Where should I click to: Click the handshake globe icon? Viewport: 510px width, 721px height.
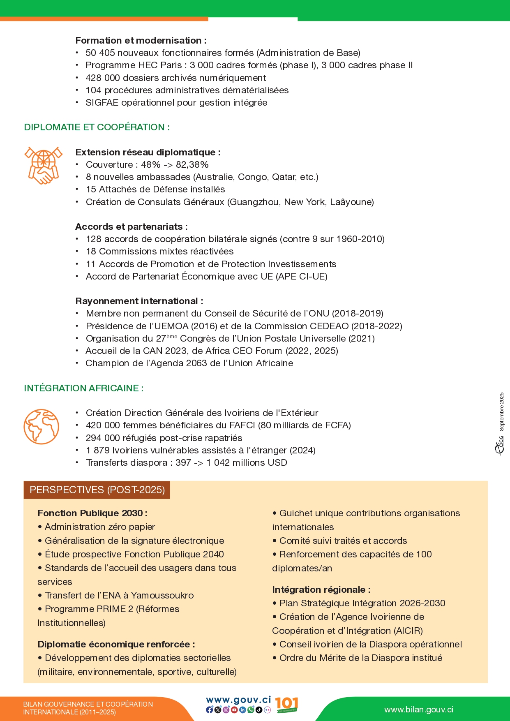pos(43,165)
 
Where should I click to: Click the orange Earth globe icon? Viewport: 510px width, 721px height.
pos(42,426)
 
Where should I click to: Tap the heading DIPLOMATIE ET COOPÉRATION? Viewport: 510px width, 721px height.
pos(97,127)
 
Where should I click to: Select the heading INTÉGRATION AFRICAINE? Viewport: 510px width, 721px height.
pos(83,388)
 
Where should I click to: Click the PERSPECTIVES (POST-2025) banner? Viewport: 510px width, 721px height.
pos(97,490)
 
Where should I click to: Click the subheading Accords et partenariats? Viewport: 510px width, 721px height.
pos(131,227)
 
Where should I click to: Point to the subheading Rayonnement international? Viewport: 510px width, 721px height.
pos(139,301)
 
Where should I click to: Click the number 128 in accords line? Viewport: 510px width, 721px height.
pos(93,239)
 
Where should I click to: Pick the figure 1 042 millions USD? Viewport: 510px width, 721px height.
pos(247,463)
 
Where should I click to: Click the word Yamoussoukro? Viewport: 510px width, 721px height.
pos(162,596)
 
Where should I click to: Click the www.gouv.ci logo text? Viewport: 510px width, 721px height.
pos(238,700)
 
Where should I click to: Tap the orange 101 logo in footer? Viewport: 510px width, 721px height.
pos(286,705)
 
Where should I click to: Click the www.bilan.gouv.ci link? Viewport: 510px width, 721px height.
pos(419,710)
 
